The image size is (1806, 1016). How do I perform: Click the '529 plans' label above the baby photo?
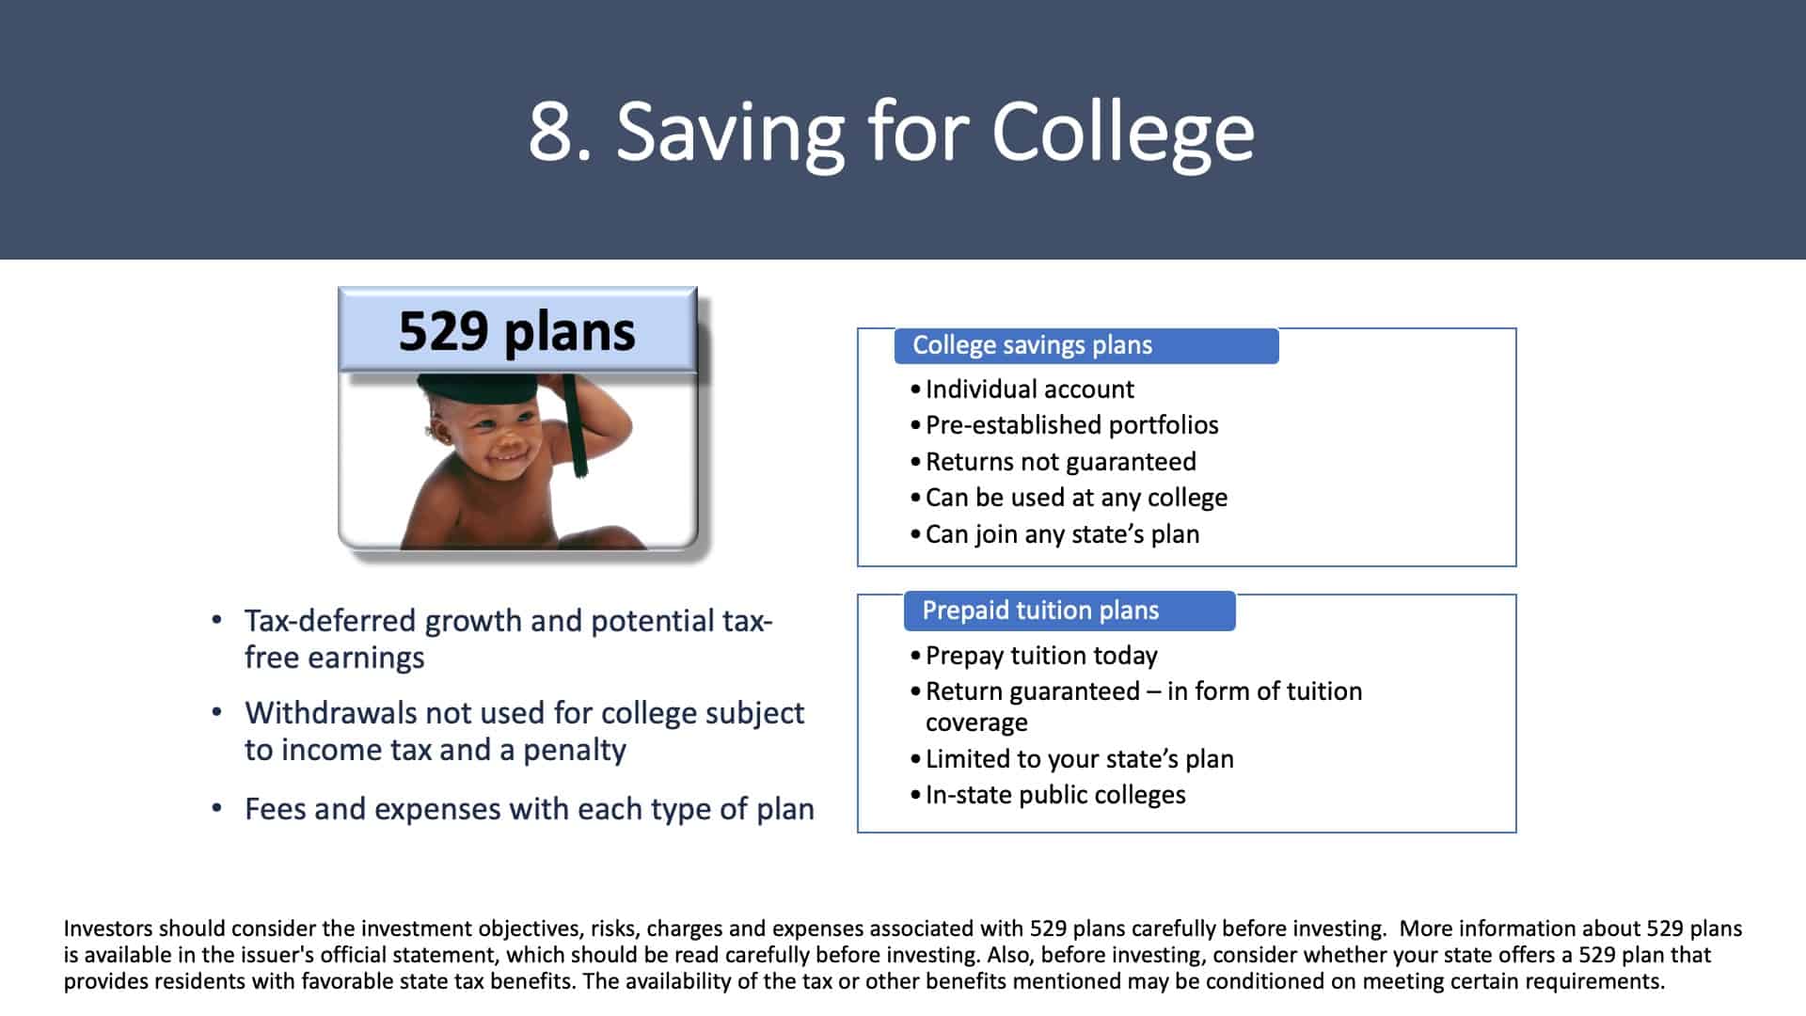point(517,330)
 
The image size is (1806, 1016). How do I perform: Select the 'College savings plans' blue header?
point(1086,345)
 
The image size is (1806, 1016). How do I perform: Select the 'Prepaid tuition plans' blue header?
point(1069,611)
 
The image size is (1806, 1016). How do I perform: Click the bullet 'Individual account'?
point(1029,389)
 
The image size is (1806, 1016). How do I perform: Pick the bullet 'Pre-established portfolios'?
point(1071,425)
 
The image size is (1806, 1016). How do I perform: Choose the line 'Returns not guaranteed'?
point(1060,461)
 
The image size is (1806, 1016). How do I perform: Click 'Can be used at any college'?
point(1076,498)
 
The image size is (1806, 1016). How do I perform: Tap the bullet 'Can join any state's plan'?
point(1062,534)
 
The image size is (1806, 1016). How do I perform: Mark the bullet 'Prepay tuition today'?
point(1041,656)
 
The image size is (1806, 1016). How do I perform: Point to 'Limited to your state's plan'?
point(1079,758)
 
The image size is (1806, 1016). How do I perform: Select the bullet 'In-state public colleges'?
point(1055,795)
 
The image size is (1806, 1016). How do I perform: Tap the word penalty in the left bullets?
point(575,751)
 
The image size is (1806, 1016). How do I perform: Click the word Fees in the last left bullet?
point(275,809)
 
